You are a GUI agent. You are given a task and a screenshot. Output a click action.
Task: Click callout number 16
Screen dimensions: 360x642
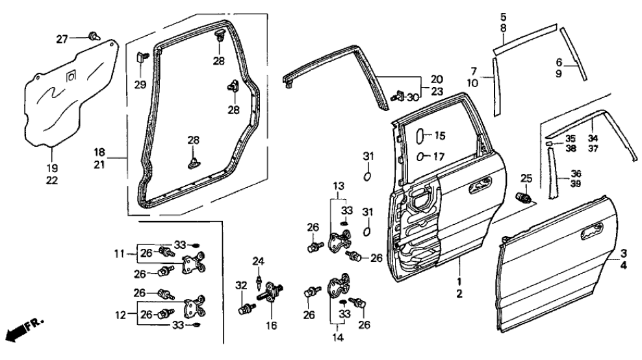tap(272, 324)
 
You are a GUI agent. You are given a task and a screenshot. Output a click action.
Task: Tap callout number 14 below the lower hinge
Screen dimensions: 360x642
tap(337, 339)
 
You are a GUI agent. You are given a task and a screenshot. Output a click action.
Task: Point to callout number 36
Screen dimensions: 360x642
tap(575, 174)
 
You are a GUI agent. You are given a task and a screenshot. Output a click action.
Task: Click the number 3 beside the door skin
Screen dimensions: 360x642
tap(623, 253)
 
